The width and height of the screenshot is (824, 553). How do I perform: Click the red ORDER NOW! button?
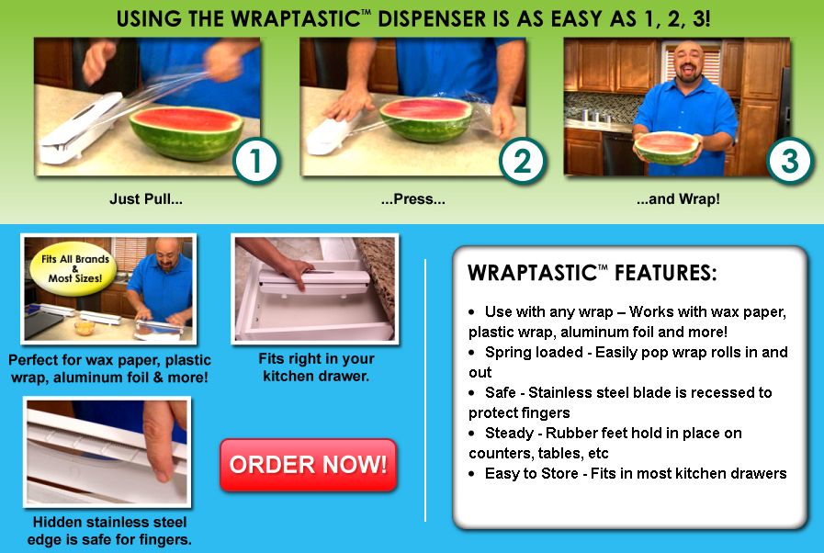click(x=308, y=465)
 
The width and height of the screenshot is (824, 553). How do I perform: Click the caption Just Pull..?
click(x=146, y=199)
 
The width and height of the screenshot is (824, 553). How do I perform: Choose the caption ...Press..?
click(x=412, y=199)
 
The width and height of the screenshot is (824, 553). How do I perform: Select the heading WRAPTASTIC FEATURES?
click(x=593, y=273)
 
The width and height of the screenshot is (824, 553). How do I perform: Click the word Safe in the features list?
click(x=502, y=393)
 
